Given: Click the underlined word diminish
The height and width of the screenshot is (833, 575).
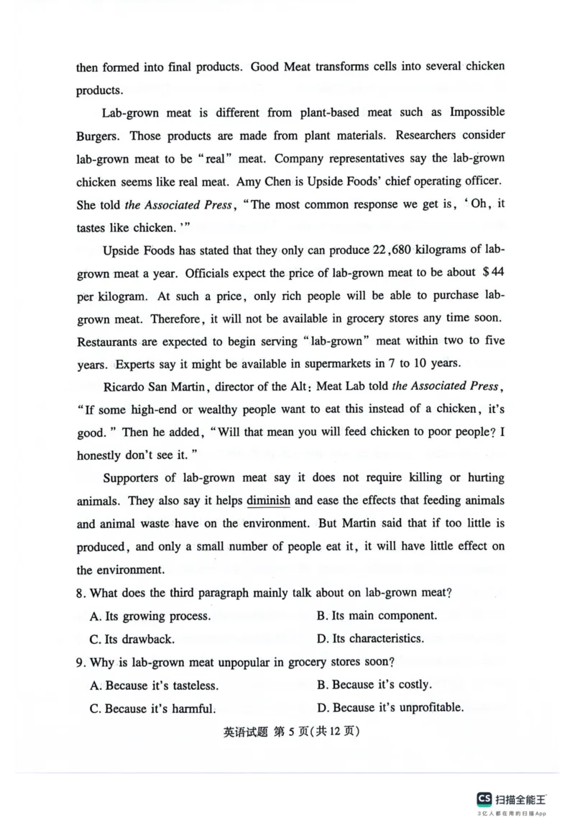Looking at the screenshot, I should [x=268, y=501].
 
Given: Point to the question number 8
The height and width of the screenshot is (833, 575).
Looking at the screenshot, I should [x=81, y=593].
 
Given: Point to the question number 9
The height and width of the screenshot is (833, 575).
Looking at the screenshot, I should [x=81, y=662].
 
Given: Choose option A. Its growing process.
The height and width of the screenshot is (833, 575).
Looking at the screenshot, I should [x=150, y=616].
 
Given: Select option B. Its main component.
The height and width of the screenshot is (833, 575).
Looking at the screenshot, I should [x=376, y=616].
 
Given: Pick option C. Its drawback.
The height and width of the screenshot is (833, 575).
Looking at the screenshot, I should [x=132, y=639].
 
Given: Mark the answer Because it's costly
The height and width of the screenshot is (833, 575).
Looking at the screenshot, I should [x=374, y=685].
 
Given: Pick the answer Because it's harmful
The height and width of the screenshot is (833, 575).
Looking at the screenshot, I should [x=152, y=708].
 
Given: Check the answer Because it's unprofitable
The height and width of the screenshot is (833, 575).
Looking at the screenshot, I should [x=390, y=708].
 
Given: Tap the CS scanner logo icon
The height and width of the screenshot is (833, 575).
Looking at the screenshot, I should [x=484, y=798].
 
